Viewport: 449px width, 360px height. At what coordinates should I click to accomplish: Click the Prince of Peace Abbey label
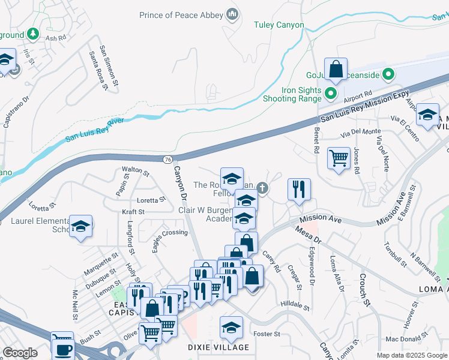[x=181, y=15]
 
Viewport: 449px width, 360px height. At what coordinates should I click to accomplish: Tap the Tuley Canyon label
[x=279, y=25]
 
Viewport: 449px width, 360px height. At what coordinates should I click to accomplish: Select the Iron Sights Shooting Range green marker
[x=330, y=94]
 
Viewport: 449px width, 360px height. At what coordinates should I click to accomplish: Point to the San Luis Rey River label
[x=94, y=130]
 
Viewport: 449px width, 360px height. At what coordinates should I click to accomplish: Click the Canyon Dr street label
[x=181, y=184]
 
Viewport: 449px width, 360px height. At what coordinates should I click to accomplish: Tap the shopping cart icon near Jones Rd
[x=339, y=158]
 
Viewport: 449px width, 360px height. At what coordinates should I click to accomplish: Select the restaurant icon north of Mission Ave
[x=298, y=190]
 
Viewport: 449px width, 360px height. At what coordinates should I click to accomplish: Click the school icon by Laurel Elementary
[x=80, y=226]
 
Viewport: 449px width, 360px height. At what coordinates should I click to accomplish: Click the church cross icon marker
[x=262, y=188]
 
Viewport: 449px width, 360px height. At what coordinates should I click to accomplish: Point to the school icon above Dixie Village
[x=231, y=328]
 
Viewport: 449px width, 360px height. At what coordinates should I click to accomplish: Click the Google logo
[x=20, y=353]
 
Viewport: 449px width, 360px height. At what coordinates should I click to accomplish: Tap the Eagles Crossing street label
[x=170, y=232]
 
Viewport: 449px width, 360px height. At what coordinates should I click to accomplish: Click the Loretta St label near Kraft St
[x=151, y=200]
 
